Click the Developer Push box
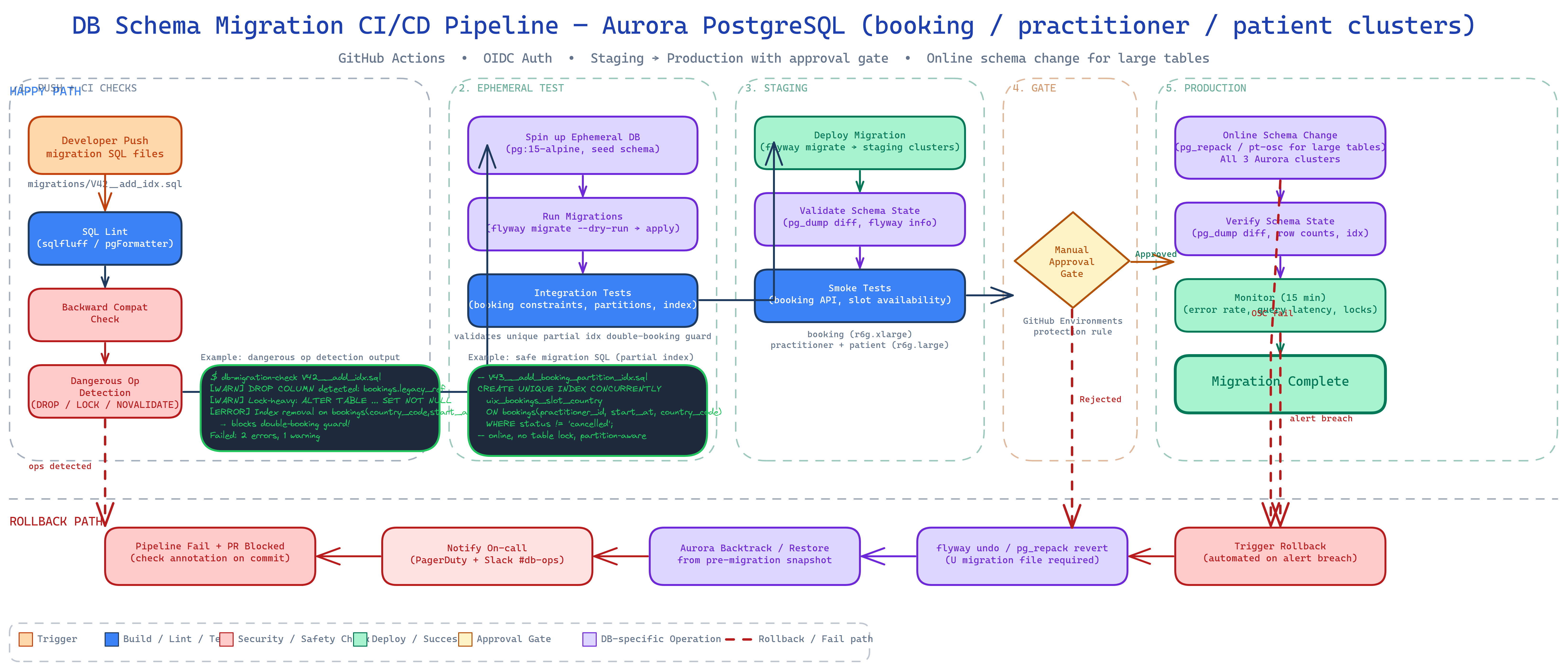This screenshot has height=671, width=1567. coord(105,146)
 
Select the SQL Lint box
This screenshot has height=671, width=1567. coord(105,238)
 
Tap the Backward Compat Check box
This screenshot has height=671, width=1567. coord(105,314)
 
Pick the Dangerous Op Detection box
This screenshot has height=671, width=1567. coord(105,392)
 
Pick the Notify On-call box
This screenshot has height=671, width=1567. coord(487,555)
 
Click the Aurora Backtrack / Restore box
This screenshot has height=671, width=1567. coord(754,555)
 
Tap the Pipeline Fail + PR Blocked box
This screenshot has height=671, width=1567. coord(210,555)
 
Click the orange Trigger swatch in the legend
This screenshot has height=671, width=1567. coord(26,639)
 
